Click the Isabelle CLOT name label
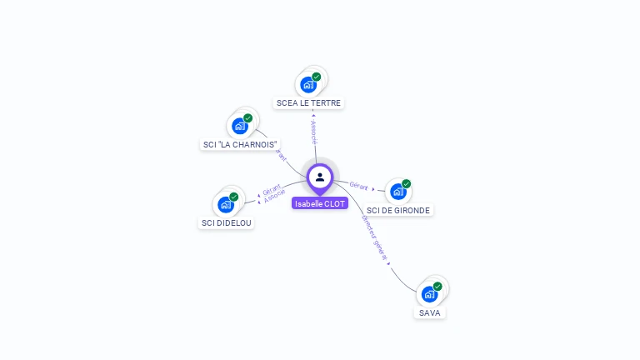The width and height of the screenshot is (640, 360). coord(320,203)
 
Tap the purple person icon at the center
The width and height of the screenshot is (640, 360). coord(320,177)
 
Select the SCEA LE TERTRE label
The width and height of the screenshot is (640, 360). coord(308,102)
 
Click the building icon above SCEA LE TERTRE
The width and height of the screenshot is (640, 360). coord(308,85)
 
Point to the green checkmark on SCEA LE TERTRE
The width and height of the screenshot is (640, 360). coord(317,77)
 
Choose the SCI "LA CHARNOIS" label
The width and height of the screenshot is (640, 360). coord(240,144)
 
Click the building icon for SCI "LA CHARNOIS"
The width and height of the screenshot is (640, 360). coord(240,126)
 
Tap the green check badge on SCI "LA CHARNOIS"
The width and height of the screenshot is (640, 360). coord(247,118)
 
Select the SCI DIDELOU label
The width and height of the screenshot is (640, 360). coord(227,222)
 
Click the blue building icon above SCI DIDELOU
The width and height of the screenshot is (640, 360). coord(226,204)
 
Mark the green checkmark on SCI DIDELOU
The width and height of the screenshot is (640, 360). coord(233,197)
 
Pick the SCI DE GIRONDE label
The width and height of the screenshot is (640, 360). coord(398,210)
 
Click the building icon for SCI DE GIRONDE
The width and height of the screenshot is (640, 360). coord(398,192)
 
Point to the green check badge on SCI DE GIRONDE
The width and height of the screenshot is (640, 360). coord(406,183)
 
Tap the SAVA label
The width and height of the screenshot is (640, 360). coord(430,312)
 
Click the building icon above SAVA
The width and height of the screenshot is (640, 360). coord(429,294)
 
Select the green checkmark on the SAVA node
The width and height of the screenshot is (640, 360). coord(437,286)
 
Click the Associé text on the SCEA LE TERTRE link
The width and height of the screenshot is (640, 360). coord(313,132)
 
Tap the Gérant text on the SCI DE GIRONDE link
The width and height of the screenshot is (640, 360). coord(358,186)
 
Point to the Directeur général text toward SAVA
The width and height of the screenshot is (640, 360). coord(374,237)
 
